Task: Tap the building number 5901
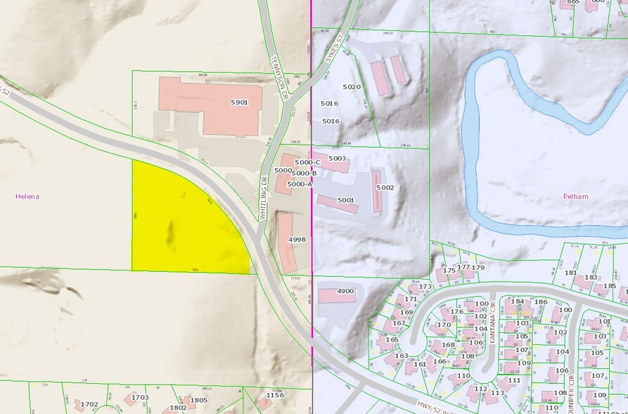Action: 240,103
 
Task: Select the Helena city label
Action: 27,196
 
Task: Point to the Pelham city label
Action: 575,196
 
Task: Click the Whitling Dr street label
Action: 265,198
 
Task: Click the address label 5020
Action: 351,87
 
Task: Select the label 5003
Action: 338,158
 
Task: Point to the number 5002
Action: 385,187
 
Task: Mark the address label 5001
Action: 345,200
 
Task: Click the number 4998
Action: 297,239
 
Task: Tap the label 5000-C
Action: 307,163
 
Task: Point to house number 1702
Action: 89,404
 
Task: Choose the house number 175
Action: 449,270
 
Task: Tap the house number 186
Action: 540,302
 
